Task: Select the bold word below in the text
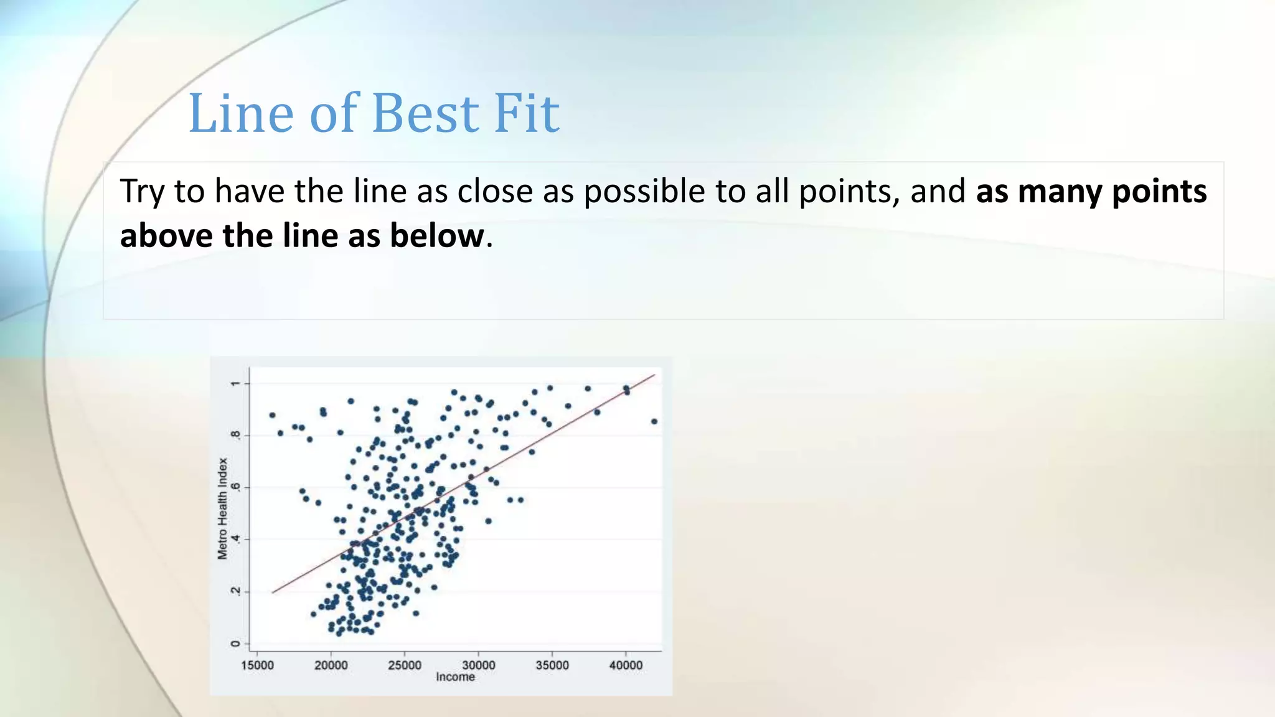tap(437, 236)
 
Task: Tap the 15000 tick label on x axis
tap(257, 665)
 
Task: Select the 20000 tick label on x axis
tap(331, 665)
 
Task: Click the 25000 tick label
tap(405, 665)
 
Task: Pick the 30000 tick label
tap(478, 665)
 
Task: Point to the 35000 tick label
tap(552, 665)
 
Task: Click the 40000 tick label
tap(626, 665)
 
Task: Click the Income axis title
tap(455, 677)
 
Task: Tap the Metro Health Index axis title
tap(222, 508)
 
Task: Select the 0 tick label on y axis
tap(235, 644)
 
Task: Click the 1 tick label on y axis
tap(235, 383)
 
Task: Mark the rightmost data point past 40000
tap(654, 421)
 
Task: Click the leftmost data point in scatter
tap(272, 415)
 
